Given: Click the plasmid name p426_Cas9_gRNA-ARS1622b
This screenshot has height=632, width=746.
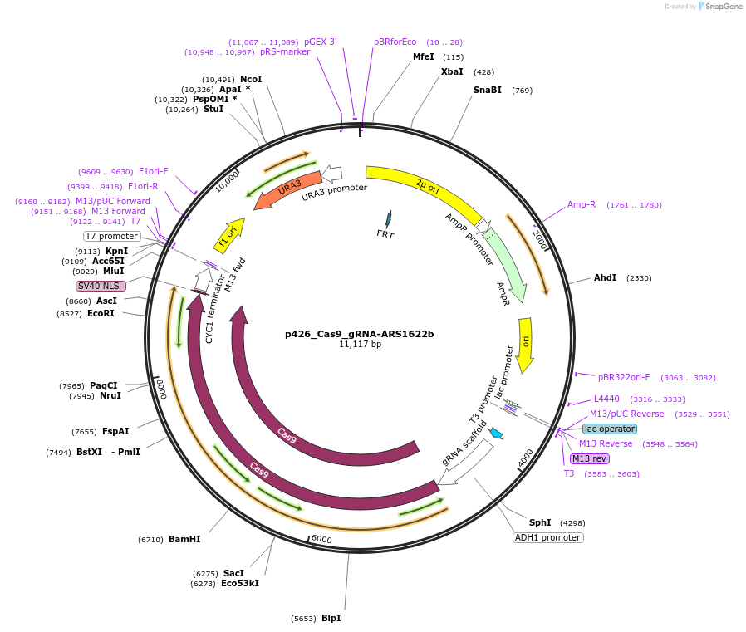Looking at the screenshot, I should pos(360,334).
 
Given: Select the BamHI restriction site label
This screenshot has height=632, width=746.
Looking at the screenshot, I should pos(184,539).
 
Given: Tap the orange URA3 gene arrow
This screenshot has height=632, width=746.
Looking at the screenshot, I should pos(287,190).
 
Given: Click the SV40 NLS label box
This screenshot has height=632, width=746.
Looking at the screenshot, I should pos(101,286).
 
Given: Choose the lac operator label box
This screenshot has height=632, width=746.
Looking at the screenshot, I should pos(610,429).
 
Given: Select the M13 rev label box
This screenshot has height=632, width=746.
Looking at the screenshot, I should pos(590,458).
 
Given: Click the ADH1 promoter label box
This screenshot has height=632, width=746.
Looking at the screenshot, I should pos(547,537).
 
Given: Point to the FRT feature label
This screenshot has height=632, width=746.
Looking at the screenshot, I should pos(385,234).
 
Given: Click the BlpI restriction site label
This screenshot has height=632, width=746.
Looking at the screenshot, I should pos(331,618).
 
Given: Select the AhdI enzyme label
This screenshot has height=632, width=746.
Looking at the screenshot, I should pos(605,277).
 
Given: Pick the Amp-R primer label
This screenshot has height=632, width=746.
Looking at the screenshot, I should pos(582,204).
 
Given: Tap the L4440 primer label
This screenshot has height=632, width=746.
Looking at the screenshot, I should pos(606,399).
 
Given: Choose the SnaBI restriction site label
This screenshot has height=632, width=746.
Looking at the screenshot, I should pos(488,90).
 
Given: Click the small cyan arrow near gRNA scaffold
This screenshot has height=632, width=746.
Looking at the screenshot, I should pos(497,433).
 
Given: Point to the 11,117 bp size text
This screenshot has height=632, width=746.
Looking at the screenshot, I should pos(360,344).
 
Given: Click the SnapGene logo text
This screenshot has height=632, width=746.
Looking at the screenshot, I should pos(722,7).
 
